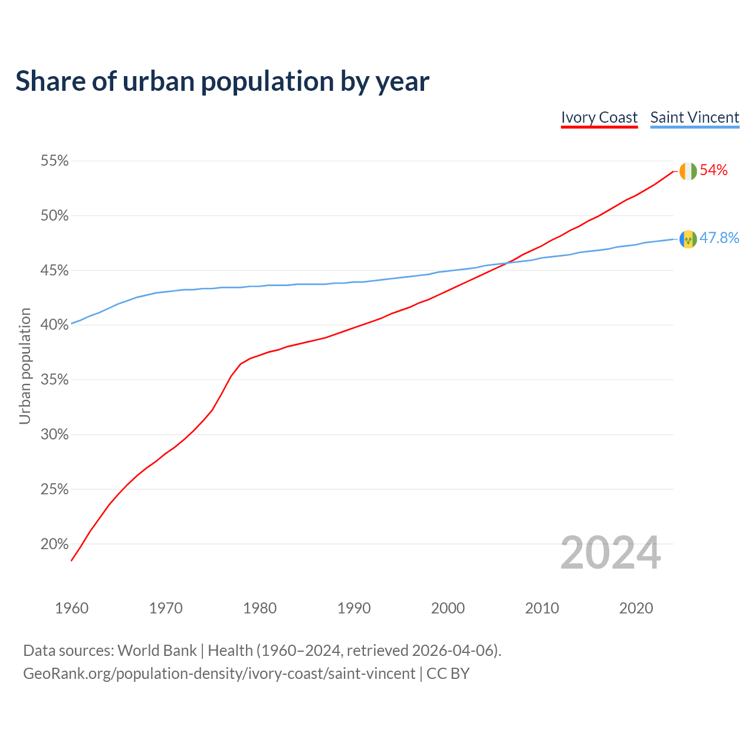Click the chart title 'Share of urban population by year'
[x=222, y=81]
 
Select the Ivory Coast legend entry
[x=599, y=117]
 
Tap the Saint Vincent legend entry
[x=695, y=117]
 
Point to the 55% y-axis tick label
[x=54, y=161]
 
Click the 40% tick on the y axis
[x=54, y=325]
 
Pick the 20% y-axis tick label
[x=54, y=544]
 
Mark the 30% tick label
[x=54, y=435]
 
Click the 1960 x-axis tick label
[x=71, y=608]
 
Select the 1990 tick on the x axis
[x=354, y=608]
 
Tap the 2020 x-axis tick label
[x=636, y=608]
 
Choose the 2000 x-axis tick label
[x=448, y=608]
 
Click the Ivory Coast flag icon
[x=688, y=171]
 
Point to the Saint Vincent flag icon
[x=688, y=239]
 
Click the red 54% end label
[x=714, y=170]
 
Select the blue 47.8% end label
[x=719, y=238]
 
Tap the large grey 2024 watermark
[x=610, y=553]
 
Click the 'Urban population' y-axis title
[x=25, y=366]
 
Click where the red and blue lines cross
[x=506, y=262]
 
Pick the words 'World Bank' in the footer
[x=157, y=651]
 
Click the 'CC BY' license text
[x=448, y=674]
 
